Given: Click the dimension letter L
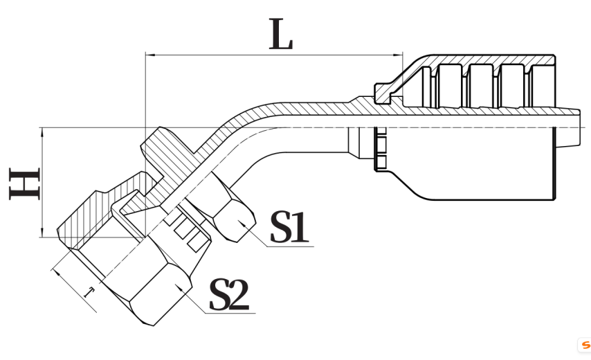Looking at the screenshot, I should pyautogui.click(x=280, y=37).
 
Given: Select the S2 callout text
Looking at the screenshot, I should pyautogui.click(x=229, y=294).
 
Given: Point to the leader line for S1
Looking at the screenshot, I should pyautogui.click(x=260, y=239).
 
